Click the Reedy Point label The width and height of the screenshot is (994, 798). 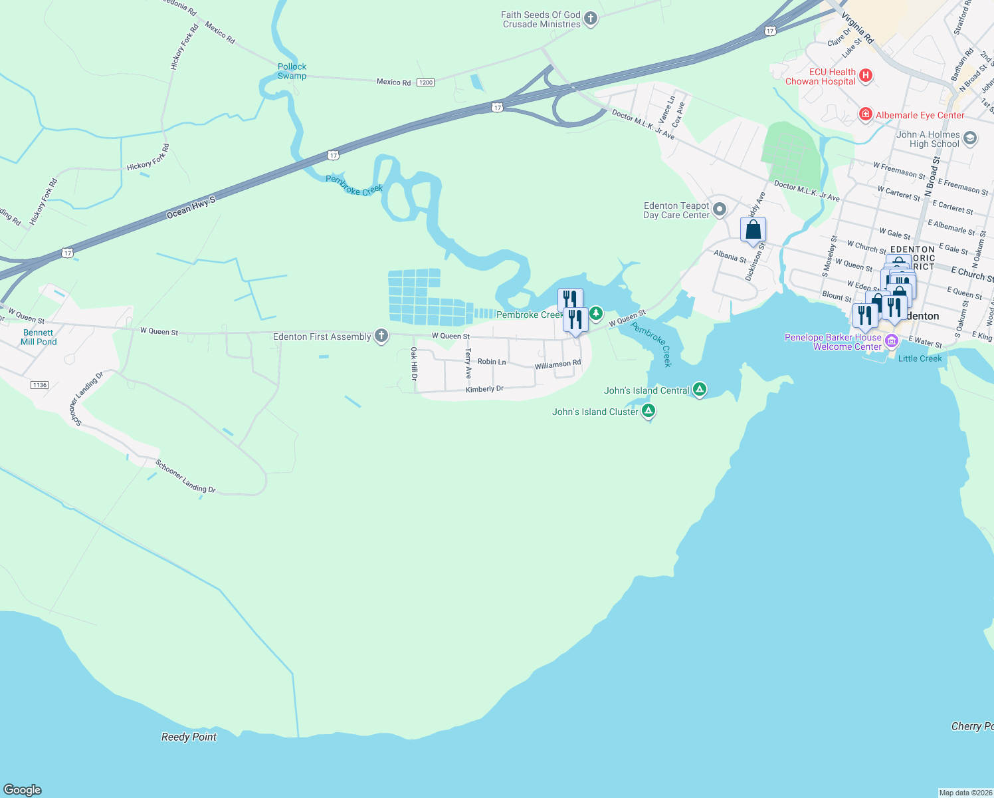click(x=189, y=737)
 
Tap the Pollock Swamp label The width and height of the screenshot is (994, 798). click(x=292, y=71)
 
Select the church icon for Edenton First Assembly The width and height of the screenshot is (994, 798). click(x=381, y=336)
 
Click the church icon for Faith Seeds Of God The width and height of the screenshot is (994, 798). click(x=591, y=19)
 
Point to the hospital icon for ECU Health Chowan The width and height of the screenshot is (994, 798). click(x=866, y=76)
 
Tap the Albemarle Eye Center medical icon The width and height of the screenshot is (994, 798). click(x=865, y=115)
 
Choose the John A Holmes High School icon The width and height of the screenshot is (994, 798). click(x=970, y=138)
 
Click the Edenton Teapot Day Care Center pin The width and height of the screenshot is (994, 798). click(x=720, y=210)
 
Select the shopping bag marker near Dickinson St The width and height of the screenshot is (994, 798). click(x=753, y=230)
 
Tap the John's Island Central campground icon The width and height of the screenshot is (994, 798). click(x=699, y=390)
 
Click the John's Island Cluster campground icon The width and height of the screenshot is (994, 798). click(x=648, y=412)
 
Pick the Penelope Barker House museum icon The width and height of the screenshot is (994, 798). click(x=892, y=342)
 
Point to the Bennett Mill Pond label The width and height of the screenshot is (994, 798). click(x=39, y=337)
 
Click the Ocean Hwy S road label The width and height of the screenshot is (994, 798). click(x=191, y=207)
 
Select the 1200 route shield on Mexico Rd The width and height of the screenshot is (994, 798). click(x=425, y=82)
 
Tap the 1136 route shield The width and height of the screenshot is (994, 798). click(x=39, y=385)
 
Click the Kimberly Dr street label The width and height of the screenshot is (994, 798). click(x=484, y=389)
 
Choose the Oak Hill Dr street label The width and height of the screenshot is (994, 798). click(x=414, y=364)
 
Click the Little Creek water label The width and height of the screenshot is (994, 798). click(x=920, y=358)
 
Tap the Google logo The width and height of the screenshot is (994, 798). click(x=23, y=790)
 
